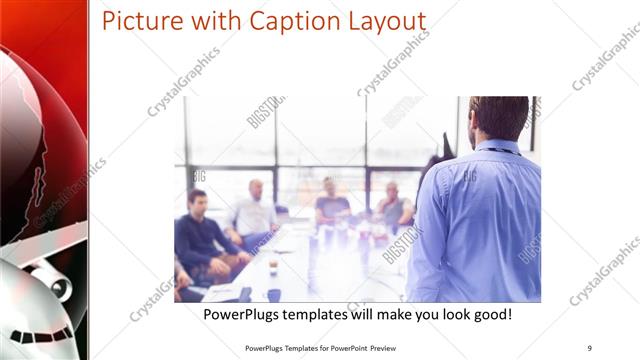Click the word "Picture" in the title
(143, 21)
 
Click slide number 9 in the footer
(589, 348)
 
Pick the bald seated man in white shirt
(256, 209)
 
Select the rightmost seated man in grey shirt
(393, 205)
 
